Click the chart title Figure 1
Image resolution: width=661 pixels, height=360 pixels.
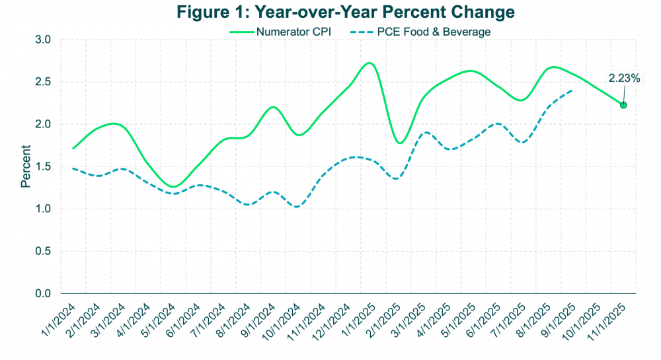click(x=330, y=12)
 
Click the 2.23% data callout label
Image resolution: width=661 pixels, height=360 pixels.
click(x=624, y=78)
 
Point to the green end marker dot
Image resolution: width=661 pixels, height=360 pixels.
click(x=623, y=105)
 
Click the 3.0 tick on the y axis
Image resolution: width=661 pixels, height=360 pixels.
click(x=43, y=40)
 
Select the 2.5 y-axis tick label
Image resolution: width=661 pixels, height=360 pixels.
click(x=43, y=82)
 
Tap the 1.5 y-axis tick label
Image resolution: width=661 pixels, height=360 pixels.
click(x=43, y=166)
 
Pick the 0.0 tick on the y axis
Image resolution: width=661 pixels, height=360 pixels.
click(x=43, y=293)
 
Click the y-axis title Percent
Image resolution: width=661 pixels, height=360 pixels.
click(x=25, y=166)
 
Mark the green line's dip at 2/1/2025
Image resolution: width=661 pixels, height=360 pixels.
click(x=399, y=143)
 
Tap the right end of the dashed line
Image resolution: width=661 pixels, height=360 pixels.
click(x=573, y=90)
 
